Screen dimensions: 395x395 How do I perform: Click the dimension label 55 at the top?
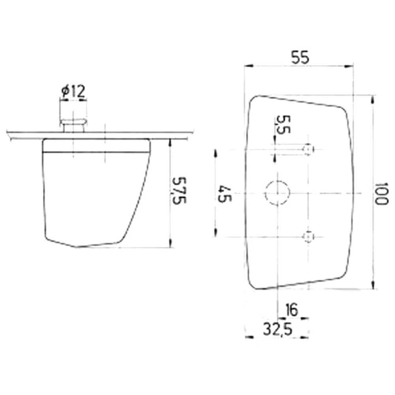[300, 57]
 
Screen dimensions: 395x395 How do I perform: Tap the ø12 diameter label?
[73, 92]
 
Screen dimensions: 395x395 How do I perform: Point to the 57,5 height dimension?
[179, 190]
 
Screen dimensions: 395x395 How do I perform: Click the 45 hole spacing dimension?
[224, 194]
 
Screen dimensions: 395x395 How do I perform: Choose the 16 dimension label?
[292, 310]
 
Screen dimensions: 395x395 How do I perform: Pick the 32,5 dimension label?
[278, 329]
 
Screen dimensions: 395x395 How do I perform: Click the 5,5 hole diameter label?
[283, 124]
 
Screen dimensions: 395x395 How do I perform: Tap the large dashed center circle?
[277, 193]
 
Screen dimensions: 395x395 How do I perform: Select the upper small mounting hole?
[308, 149]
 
